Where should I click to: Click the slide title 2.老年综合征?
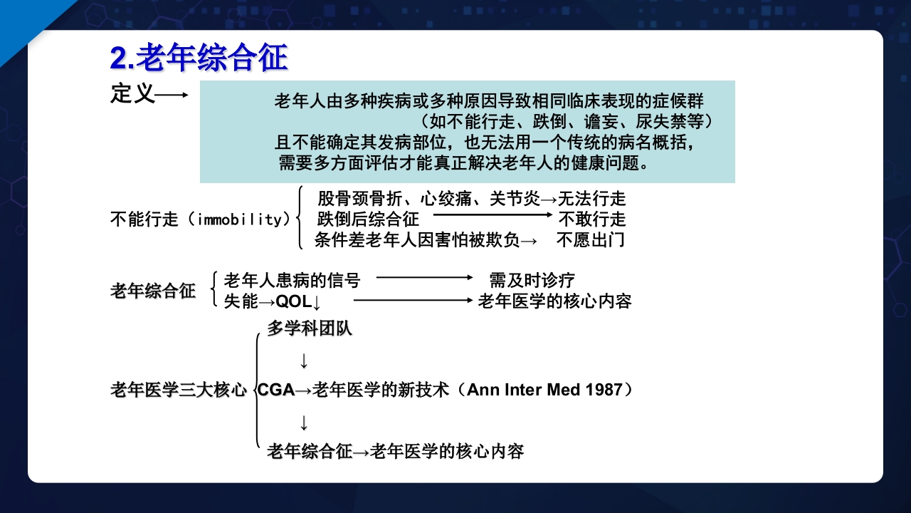(x=199, y=58)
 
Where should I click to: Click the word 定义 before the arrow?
(x=132, y=94)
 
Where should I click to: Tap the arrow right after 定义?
(x=172, y=95)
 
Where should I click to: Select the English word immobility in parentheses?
(x=240, y=219)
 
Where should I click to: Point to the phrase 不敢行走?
(x=591, y=219)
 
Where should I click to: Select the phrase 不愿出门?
(x=591, y=239)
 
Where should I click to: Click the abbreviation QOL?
(x=294, y=301)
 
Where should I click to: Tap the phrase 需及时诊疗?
(x=532, y=280)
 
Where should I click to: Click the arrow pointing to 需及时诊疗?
(x=424, y=277)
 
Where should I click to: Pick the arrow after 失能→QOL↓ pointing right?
(x=414, y=300)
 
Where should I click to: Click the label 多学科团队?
(x=310, y=329)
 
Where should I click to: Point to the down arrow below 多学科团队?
(x=304, y=361)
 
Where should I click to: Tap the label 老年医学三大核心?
(x=179, y=390)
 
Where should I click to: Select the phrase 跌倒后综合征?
(x=368, y=219)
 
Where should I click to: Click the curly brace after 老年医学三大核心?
(x=257, y=390)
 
